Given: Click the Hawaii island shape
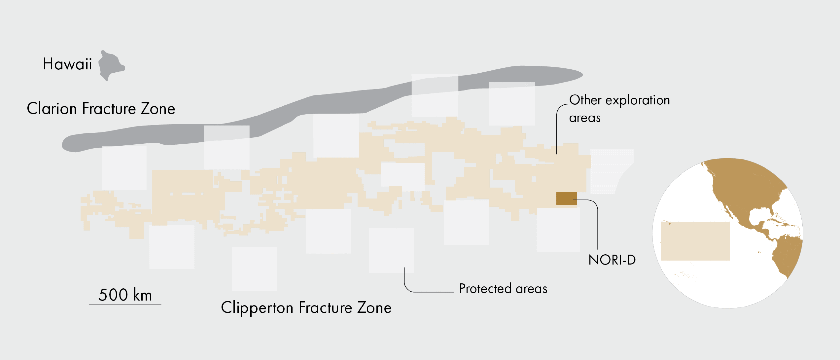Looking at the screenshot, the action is [111, 65].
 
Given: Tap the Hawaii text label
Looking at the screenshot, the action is [67, 64].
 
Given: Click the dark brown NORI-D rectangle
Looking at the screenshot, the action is [567, 198].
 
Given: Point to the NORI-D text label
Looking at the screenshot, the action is [612, 260].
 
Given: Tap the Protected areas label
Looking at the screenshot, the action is [503, 289].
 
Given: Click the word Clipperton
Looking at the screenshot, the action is [257, 308].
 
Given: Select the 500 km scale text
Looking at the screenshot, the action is [125, 295].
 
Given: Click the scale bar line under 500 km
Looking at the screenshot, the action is [125, 304].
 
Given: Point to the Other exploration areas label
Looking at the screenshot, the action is [619, 109].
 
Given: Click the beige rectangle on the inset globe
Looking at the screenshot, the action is [695, 241].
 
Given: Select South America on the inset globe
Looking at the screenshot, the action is [787, 256].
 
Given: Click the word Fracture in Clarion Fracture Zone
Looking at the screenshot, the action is [109, 108].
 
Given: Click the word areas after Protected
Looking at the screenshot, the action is [532, 289].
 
